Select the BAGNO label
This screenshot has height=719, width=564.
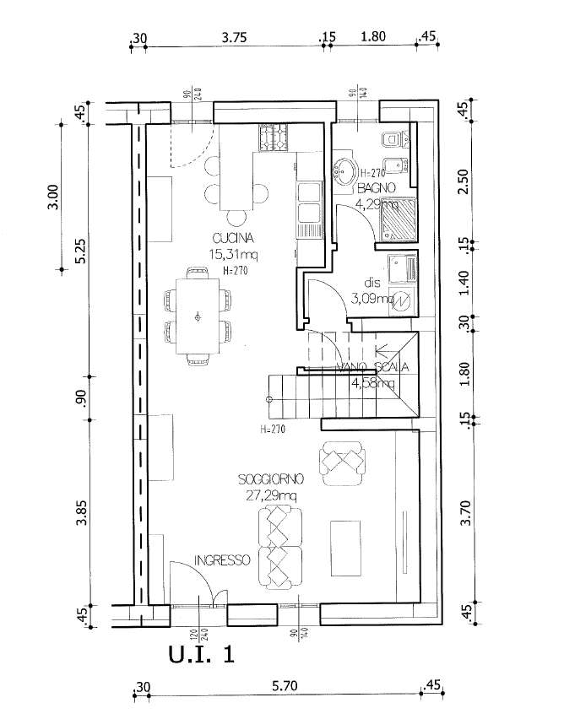point(371,187)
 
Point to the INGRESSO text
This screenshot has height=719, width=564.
point(221,560)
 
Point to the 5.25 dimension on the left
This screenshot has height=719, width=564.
point(81,251)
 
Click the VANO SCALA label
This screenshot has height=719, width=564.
point(372,367)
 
